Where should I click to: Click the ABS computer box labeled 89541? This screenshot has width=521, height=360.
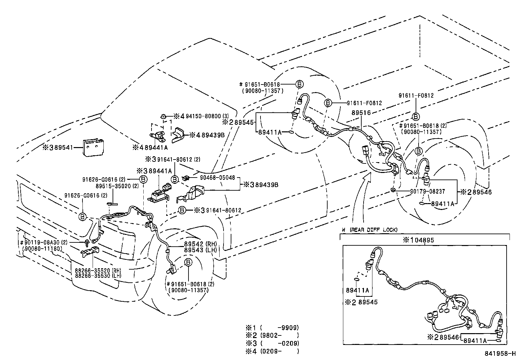coord(93,147)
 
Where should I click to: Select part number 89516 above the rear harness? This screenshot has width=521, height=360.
coord(361,112)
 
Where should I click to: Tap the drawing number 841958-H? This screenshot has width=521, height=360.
coord(500,354)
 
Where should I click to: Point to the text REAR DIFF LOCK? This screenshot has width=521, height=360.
coord(373,230)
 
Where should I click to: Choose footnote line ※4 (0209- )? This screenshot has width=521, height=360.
coord(272,351)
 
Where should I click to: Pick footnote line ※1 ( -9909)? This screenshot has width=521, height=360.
coord(272,327)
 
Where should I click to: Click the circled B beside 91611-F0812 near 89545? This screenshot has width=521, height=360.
coord(328,103)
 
